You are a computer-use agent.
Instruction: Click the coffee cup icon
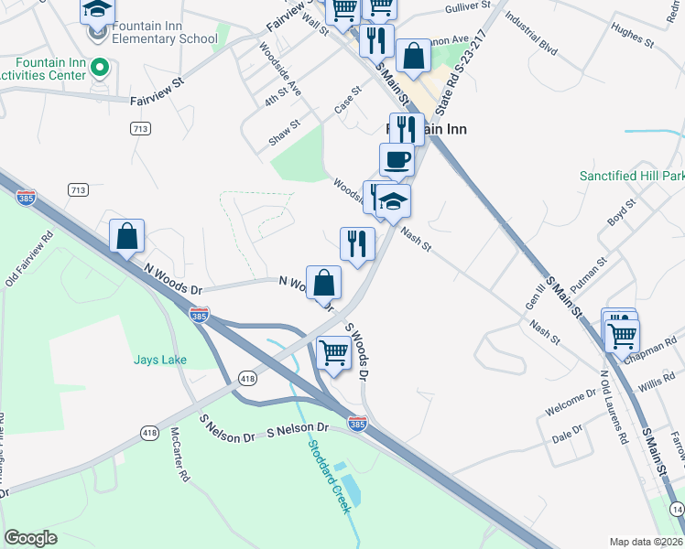coord(397,160)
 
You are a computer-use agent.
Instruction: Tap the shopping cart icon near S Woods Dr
coord(334,351)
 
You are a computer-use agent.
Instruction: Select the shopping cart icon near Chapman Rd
coord(623,335)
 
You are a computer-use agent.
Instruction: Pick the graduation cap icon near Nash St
coord(394,201)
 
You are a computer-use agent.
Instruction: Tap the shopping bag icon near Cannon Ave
coord(414,56)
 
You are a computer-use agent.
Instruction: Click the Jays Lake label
coord(160,360)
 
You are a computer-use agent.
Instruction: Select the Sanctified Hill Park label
coord(632,176)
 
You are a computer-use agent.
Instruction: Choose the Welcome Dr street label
coord(570,404)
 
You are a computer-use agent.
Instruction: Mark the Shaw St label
coord(285,132)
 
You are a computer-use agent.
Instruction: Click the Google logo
coord(31,538)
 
